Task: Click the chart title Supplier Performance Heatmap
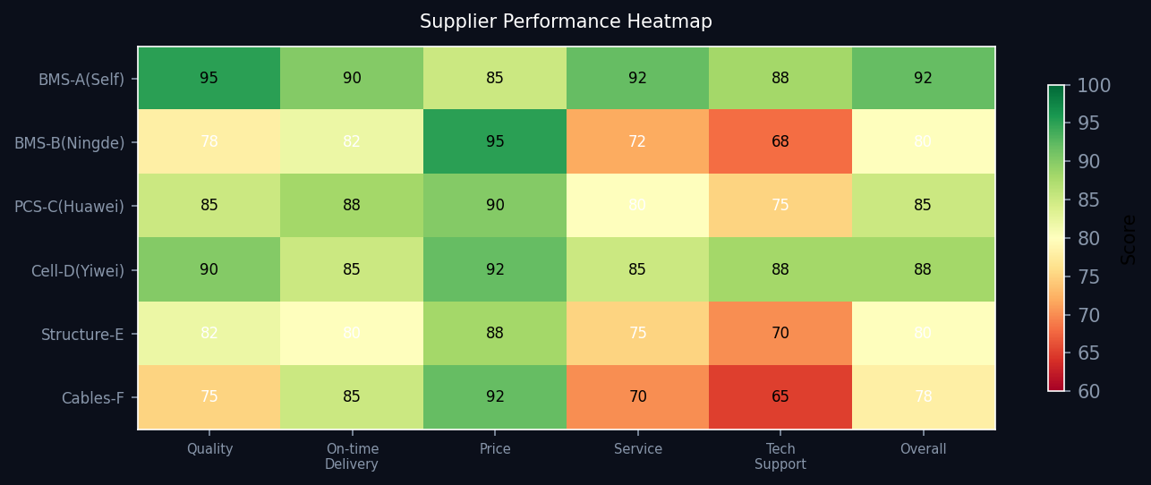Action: point(566,21)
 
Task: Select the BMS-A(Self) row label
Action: point(81,79)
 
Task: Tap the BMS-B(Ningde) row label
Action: point(70,143)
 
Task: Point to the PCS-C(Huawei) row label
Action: point(70,207)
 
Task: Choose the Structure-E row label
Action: point(82,335)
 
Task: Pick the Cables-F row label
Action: point(92,398)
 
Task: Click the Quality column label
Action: point(209,449)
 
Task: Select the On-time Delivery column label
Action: point(352,456)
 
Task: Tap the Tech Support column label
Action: point(780,456)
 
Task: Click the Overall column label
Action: point(923,449)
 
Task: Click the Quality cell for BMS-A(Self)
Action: point(209,79)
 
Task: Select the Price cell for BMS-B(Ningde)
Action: point(495,142)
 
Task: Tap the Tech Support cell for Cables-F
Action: point(780,397)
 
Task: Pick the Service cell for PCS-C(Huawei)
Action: point(637,206)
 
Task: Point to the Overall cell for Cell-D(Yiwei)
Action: point(923,269)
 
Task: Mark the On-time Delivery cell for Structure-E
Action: point(352,334)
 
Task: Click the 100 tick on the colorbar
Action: point(1093,86)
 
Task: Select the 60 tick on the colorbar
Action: point(1087,391)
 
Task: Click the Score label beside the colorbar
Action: point(1129,238)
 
